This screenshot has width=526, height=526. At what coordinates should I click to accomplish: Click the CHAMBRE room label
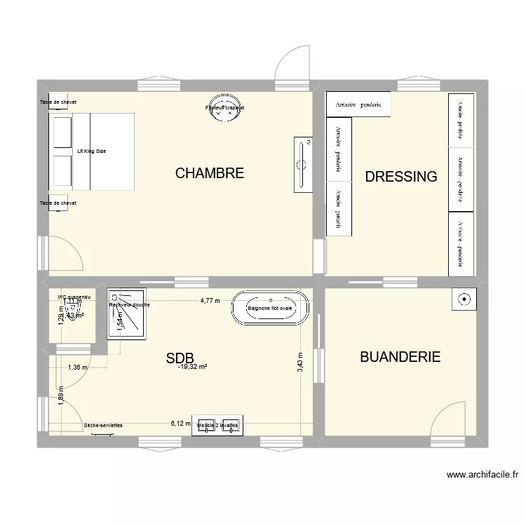click(x=210, y=173)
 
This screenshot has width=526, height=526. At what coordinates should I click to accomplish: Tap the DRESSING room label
click(x=401, y=177)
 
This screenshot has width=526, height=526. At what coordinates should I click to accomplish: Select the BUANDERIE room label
click(x=400, y=357)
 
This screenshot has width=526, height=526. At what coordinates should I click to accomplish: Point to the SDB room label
click(x=180, y=358)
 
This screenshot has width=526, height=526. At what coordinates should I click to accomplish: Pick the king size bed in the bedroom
click(x=91, y=151)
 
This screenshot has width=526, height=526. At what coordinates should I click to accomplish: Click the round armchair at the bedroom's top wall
click(x=224, y=108)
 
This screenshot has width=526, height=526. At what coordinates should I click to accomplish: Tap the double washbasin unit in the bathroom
click(x=217, y=426)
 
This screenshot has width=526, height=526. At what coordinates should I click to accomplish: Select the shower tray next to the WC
click(x=127, y=313)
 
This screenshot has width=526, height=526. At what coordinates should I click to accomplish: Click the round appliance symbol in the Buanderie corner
click(x=464, y=299)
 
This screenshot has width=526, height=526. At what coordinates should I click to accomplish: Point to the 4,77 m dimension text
click(x=210, y=301)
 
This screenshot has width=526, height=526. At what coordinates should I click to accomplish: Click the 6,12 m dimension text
click(x=180, y=424)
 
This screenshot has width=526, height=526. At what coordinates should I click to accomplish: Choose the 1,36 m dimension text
click(x=78, y=367)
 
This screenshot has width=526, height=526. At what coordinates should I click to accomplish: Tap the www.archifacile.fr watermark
click(x=481, y=475)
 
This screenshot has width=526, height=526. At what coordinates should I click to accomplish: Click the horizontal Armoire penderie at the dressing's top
click(x=358, y=104)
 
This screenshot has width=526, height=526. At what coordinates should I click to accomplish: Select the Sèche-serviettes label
click(x=103, y=425)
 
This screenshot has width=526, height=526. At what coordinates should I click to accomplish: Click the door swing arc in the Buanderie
click(x=447, y=418)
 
